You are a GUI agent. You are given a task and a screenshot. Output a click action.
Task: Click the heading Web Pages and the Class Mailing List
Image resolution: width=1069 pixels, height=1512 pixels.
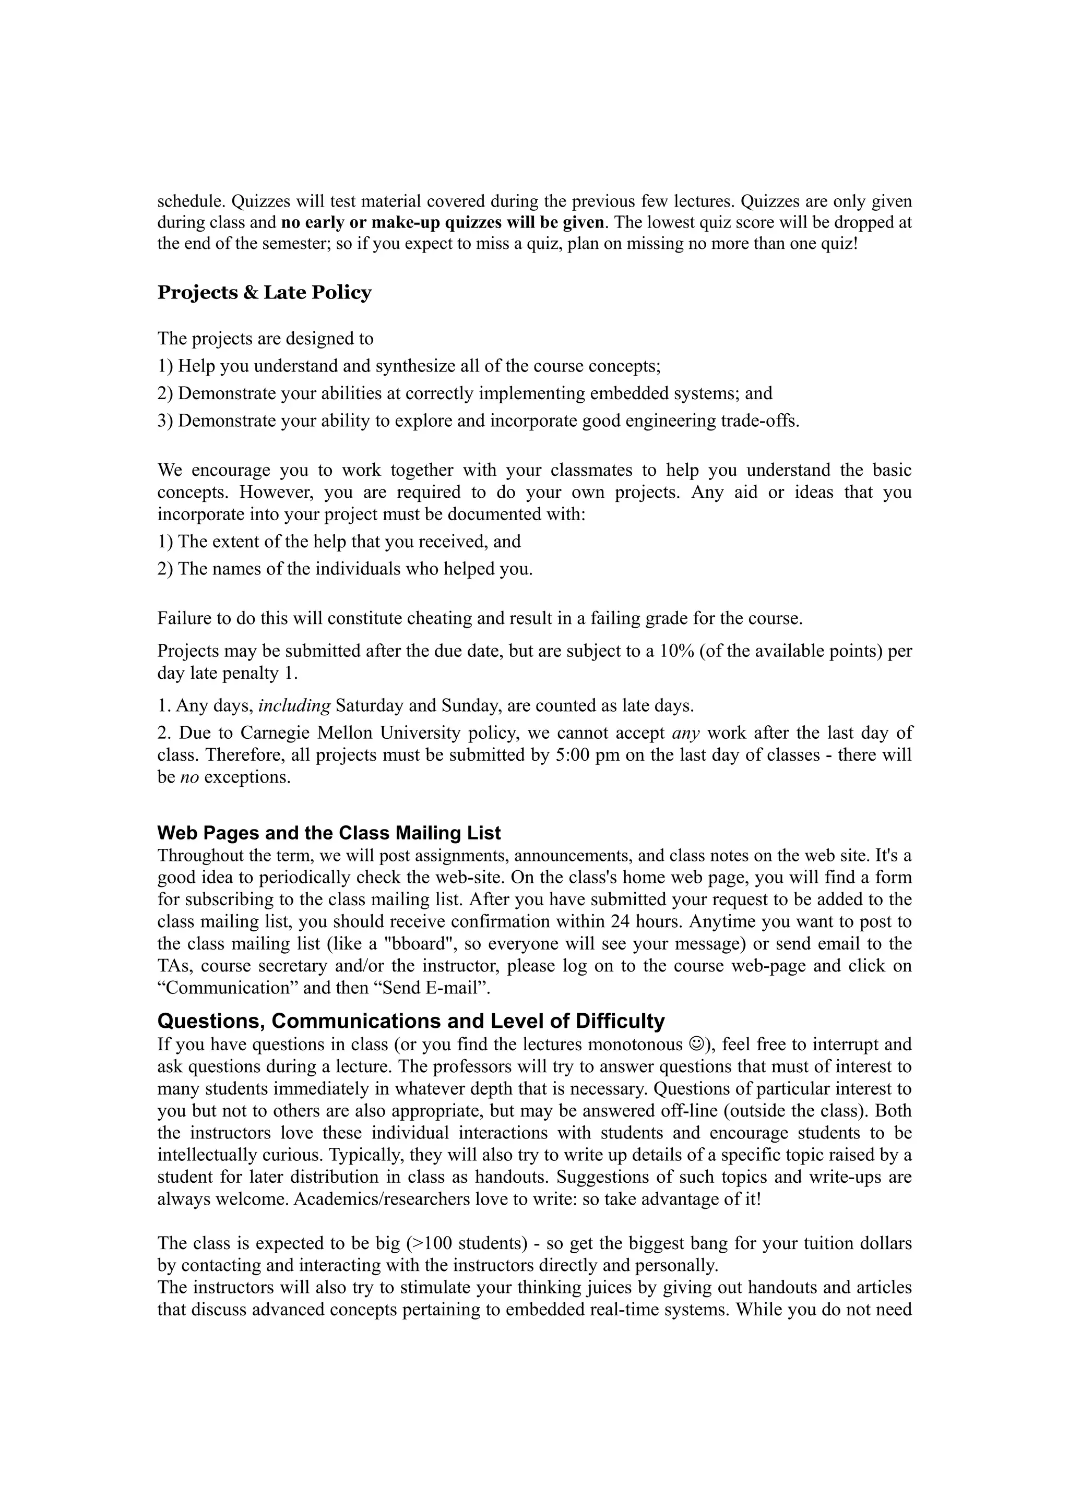[329, 833]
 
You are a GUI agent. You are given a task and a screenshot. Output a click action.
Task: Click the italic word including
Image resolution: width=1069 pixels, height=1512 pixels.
[294, 706]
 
